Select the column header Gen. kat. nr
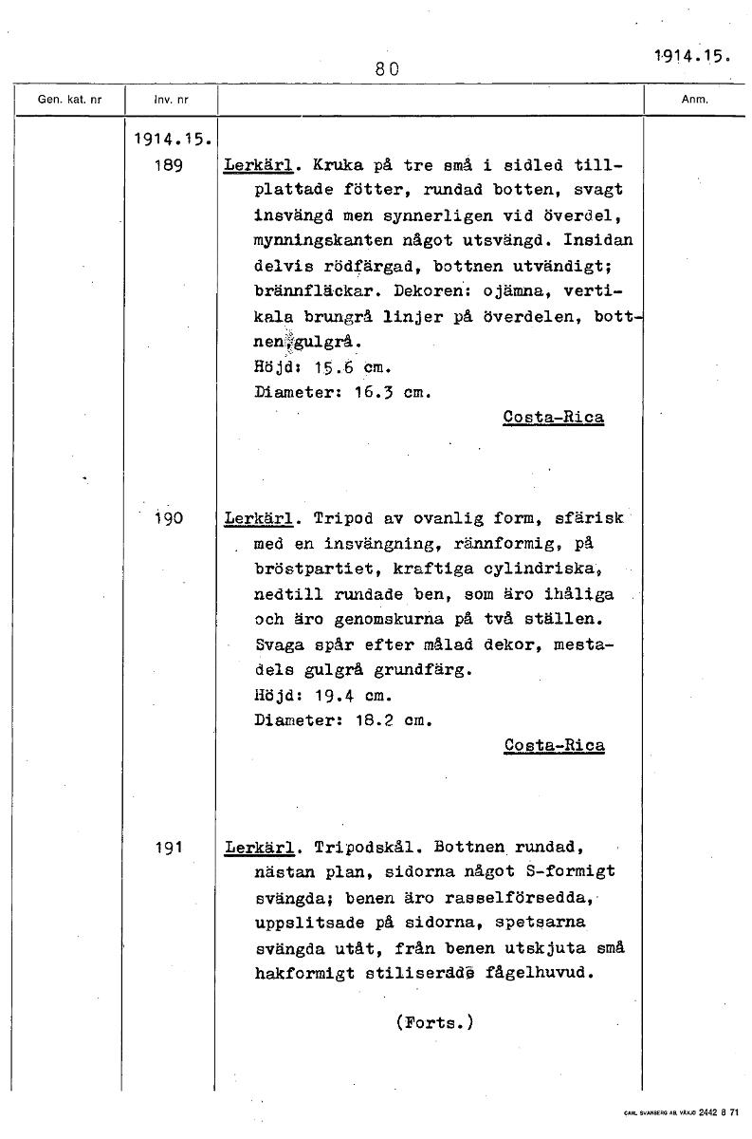coord(68,100)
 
